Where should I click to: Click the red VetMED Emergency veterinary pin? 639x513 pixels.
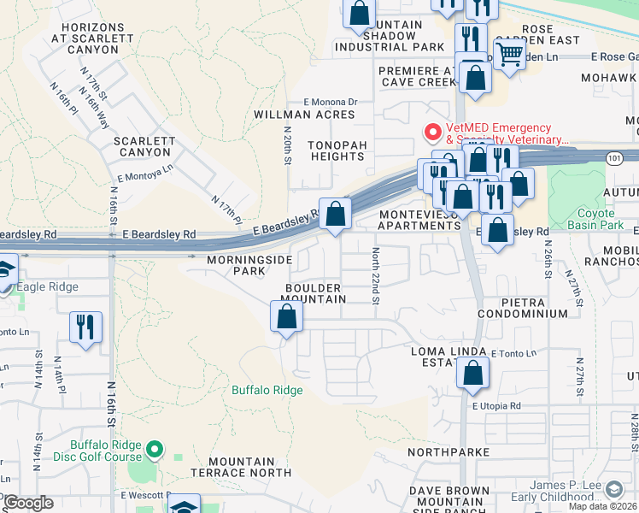433,133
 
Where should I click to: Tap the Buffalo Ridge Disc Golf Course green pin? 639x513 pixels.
155,448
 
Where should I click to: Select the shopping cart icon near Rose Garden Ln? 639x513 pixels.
510,54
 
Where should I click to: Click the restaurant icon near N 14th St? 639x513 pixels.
85,327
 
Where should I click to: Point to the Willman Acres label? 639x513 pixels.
304,115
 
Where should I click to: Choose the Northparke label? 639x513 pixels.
448,451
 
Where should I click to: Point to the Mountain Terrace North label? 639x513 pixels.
241,467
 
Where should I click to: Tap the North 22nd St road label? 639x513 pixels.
375,275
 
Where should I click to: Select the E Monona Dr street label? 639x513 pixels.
325,101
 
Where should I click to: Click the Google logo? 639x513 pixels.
29,503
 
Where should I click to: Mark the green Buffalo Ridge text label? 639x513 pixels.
267,390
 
